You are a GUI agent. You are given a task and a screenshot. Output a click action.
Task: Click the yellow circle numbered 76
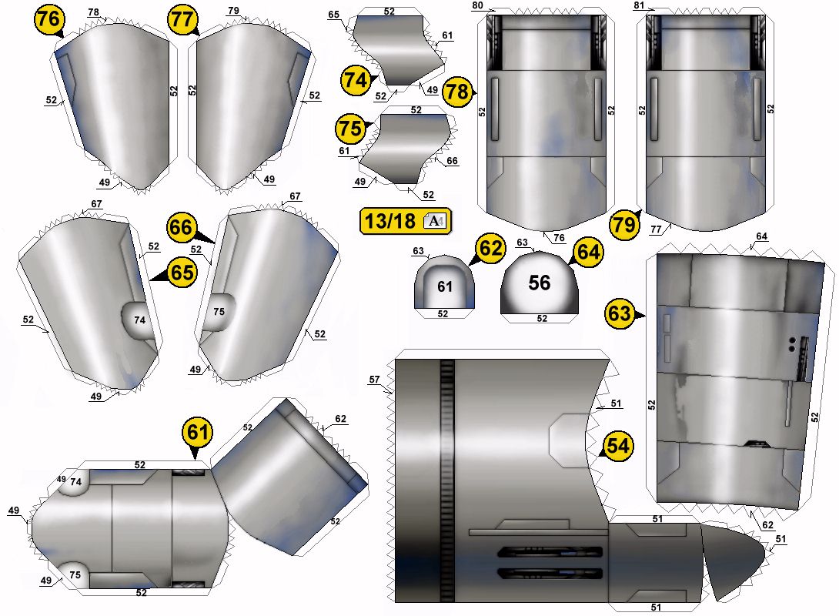click(x=49, y=21)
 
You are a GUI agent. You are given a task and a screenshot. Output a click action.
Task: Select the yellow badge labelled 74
click(x=356, y=79)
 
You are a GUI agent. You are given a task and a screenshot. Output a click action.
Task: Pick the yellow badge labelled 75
click(x=350, y=129)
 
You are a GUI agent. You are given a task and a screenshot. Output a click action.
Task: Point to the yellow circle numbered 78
click(x=456, y=92)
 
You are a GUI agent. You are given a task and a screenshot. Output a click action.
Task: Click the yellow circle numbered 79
click(x=625, y=226)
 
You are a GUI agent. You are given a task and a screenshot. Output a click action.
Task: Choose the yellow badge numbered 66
click(x=182, y=228)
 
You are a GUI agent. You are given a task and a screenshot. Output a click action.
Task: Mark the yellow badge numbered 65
click(x=182, y=273)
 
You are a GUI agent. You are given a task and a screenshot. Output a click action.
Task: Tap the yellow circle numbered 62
click(x=490, y=249)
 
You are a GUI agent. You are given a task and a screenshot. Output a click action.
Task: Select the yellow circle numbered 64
click(x=587, y=251)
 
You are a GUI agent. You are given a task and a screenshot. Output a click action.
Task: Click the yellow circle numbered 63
click(x=620, y=313)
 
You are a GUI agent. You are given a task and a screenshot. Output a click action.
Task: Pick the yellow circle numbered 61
click(x=198, y=433)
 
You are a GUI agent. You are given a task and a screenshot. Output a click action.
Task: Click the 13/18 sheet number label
click(x=389, y=222)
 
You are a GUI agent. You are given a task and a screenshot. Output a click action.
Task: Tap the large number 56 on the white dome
click(x=540, y=283)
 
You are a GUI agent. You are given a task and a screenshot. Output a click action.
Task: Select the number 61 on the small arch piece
click(x=444, y=286)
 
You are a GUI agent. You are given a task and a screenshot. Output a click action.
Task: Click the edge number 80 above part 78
click(x=477, y=5)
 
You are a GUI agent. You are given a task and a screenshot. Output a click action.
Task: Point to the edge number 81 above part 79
click(x=638, y=5)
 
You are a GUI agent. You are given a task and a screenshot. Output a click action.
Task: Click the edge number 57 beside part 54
click(x=375, y=380)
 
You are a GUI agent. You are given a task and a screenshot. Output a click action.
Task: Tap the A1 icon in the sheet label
click(x=435, y=222)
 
